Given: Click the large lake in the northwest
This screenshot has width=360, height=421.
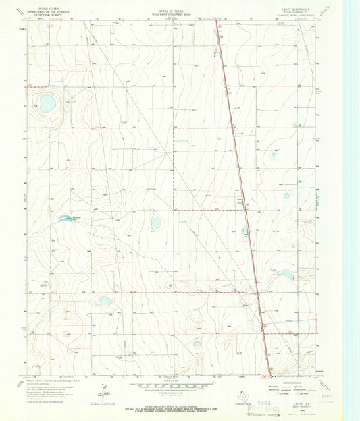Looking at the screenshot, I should (47, 104).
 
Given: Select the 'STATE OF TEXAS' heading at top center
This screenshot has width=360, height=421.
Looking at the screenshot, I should (179, 5).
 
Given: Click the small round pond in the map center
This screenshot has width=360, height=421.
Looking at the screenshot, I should (157, 223).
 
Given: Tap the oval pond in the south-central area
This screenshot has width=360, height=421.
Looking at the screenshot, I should (105, 301).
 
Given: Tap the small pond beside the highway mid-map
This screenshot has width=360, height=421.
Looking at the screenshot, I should (245, 231).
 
